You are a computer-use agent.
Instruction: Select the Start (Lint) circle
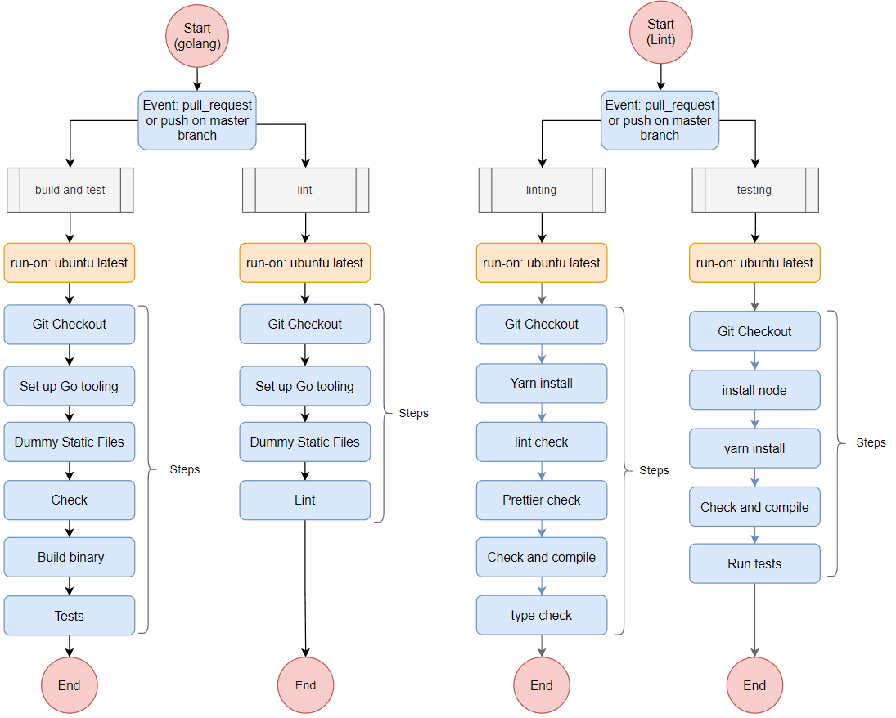(x=660, y=32)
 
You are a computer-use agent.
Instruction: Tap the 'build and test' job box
(x=70, y=190)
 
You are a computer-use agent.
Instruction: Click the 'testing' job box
(x=754, y=190)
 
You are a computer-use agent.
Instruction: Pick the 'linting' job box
(x=541, y=190)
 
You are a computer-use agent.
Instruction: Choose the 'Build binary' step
(x=70, y=558)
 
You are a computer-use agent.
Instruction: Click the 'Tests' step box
(x=70, y=616)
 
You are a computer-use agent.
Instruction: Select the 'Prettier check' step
(x=541, y=500)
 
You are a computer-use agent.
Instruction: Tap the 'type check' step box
(x=541, y=615)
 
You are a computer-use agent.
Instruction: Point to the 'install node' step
(x=754, y=390)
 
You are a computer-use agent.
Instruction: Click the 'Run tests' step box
(x=754, y=563)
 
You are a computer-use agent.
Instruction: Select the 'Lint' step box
(x=304, y=500)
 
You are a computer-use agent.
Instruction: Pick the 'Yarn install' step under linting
(x=541, y=383)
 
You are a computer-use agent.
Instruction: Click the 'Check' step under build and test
(x=70, y=500)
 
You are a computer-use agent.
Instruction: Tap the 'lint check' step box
(x=541, y=442)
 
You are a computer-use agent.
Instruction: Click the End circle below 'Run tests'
(x=754, y=685)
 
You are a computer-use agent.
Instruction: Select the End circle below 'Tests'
(x=70, y=685)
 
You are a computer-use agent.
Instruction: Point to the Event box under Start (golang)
(x=197, y=120)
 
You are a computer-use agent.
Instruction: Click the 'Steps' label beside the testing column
(x=871, y=442)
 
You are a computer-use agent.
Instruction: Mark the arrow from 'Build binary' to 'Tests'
(x=70, y=586)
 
